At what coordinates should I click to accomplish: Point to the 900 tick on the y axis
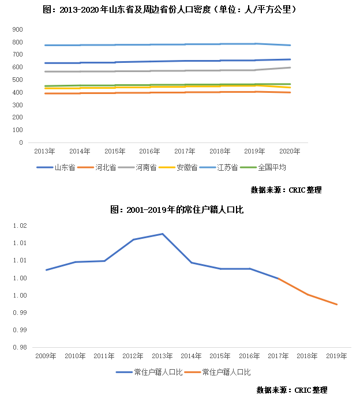(x=18, y=29)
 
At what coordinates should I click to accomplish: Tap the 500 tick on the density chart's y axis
(x=18, y=80)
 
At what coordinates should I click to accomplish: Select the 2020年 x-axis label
(x=290, y=152)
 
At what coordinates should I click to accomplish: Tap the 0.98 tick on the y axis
(x=20, y=347)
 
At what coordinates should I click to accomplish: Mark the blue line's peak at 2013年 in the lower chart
(x=163, y=234)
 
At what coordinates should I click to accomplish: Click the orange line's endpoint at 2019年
(x=337, y=305)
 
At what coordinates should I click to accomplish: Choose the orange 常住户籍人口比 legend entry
(x=226, y=373)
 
